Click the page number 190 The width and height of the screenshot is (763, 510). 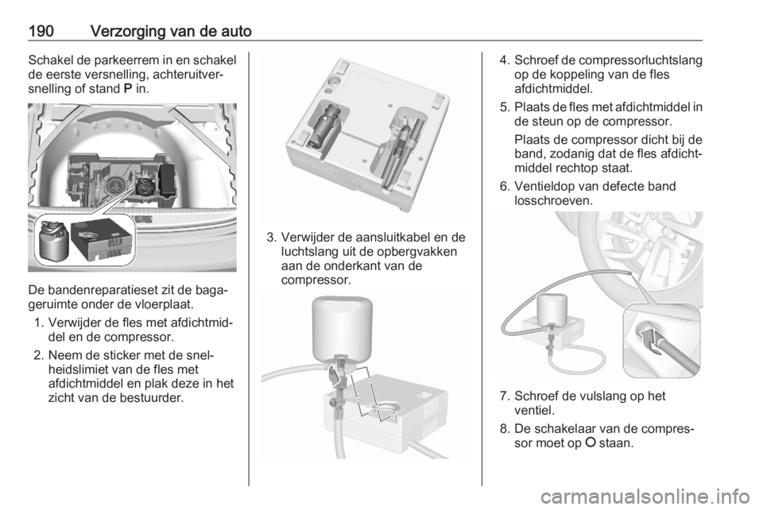[x=41, y=31]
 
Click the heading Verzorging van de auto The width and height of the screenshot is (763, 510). [x=171, y=31]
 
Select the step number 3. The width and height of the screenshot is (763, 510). [x=272, y=238]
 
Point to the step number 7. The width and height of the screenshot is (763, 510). [x=504, y=396]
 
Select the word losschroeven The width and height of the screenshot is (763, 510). [x=553, y=200]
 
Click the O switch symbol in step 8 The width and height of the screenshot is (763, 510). [x=591, y=442]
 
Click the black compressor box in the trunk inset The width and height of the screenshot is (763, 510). [x=103, y=240]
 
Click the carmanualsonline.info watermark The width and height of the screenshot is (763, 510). [x=645, y=496]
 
